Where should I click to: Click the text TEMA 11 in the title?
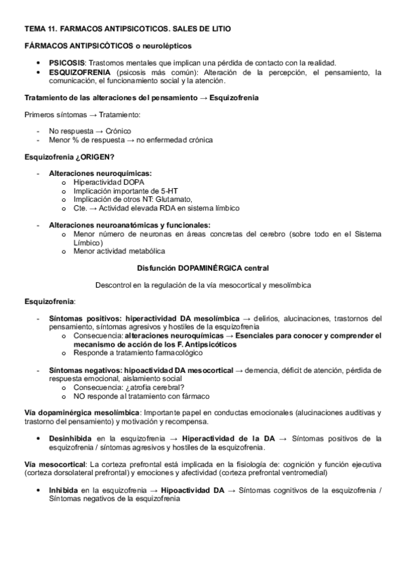42,30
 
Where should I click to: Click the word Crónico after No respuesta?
118,131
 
